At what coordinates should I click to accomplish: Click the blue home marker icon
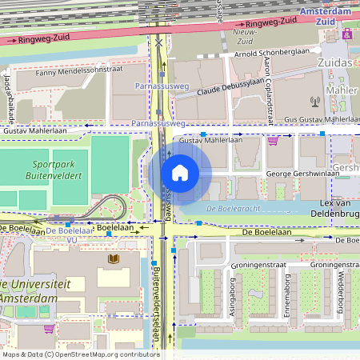tap(179, 172)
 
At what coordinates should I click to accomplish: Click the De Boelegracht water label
tap(229, 210)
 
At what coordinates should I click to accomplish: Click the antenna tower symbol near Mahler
tap(314, 102)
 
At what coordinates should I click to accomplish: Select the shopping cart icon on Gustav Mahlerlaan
tap(274, 140)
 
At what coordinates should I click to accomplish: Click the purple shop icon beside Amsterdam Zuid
tap(346, 35)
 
